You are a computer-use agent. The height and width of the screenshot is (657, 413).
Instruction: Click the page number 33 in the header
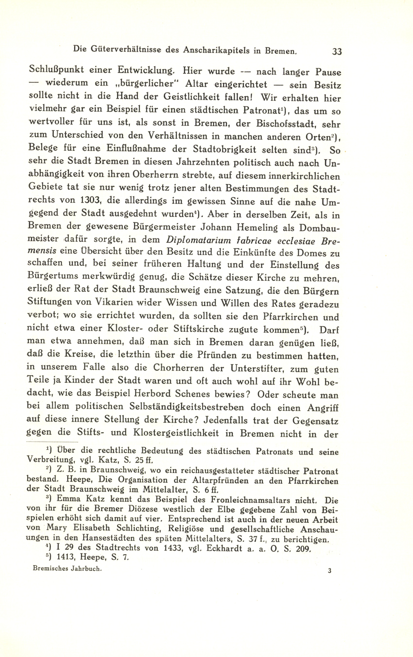[337, 51]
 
